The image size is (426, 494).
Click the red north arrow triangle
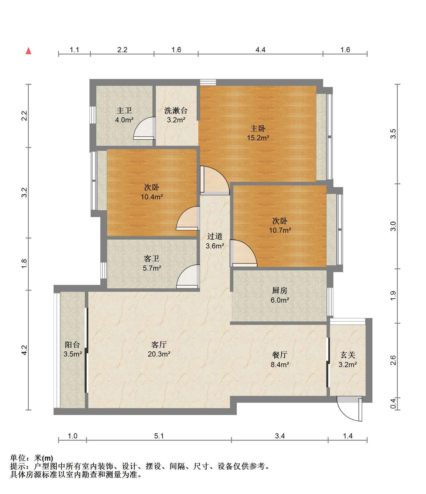[28, 51]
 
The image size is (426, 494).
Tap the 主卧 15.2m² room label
[258, 133]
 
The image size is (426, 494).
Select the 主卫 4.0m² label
[124, 115]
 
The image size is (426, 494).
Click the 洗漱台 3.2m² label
[176, 115]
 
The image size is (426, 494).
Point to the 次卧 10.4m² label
[152, 192]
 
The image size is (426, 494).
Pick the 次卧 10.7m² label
[280, 225]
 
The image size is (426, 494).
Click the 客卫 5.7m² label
[152, 263]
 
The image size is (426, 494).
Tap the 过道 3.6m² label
[215, 241]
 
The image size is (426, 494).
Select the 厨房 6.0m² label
[280, 295]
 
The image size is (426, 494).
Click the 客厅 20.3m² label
[159, 349]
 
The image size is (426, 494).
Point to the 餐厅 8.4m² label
[280, 360]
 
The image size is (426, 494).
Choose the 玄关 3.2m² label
[348, 360]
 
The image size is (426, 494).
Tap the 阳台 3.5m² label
[73, 349]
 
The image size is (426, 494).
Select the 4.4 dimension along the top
[260, 50]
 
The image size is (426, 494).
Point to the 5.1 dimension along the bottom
[159, 436]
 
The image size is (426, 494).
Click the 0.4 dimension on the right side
[393, 403]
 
